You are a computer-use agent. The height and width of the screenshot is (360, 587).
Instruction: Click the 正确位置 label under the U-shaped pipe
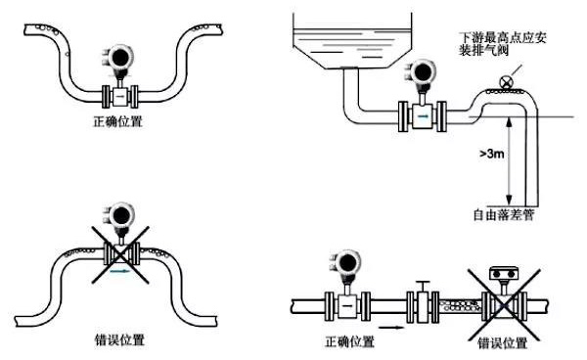tap(116, 124)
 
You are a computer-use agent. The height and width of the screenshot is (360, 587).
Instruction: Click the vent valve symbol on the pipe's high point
tap(504, 82)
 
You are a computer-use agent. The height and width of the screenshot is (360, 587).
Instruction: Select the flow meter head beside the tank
tap(424, 75)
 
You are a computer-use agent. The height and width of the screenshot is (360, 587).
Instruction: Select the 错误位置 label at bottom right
tap(502, 342)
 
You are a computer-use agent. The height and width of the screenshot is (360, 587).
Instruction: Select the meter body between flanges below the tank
tap(423, 116)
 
